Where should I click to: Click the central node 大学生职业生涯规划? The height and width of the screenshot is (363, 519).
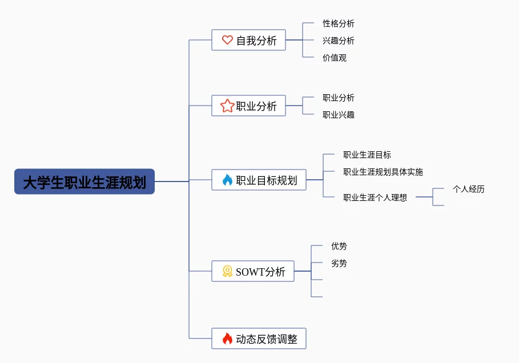click(x=85, y=181)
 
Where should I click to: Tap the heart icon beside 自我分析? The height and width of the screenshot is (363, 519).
click(x=227, y=40)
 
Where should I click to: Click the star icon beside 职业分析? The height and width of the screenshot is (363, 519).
click(x=227, y=106)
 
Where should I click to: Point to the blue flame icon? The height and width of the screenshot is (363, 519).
click(x=227, y=180)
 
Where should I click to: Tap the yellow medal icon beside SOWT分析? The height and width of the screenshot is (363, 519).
click(x=227, y=272)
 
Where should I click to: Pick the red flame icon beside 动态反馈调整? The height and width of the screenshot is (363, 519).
click(x=227, y=339)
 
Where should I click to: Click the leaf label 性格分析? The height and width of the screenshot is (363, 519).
click(x=338, y=23)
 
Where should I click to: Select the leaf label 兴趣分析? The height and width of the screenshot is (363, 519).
click(x=338, y=41)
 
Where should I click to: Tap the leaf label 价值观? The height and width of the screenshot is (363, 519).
click(x=334, y=58)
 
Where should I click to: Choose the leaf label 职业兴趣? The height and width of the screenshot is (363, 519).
click(x=338, y=115)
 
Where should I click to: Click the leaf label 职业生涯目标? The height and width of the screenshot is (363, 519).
click(x=367, y=155)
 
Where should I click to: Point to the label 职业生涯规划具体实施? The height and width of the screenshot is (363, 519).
click(x=383, y=172)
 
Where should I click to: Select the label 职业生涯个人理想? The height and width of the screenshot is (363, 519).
click(x=375, y=197)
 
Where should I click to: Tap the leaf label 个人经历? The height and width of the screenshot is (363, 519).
click(x=468, y=189)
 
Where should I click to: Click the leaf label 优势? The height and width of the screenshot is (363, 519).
click(x=339, y=246)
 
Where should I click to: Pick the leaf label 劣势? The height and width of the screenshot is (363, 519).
click(x=339, y=263)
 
